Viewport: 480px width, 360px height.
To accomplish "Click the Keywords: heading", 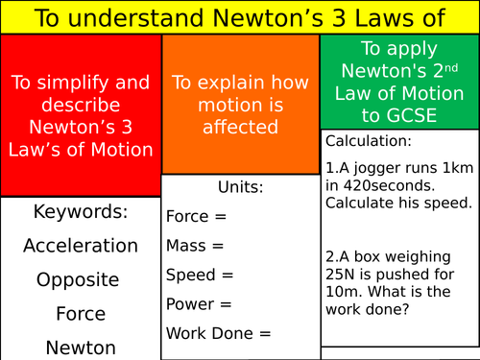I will pyautogui.click(x=81, y=211).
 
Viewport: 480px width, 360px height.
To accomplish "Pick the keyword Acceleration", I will pyautogui.click(x=81, y=246).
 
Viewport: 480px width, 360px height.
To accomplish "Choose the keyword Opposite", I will pyautogui.click(x=79, y=280).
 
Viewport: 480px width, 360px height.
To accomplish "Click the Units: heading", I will pyautogui.click(x=240, y=187).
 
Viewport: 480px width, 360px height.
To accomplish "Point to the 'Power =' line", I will pyautogui.click(x=199, y=304).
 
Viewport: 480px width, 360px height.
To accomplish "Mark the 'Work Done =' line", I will pyautogui.click(x=219, y=334).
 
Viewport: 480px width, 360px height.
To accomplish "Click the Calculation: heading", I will pyautogui.click(x=368, y=140).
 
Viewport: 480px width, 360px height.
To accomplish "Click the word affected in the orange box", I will pyautogui.click(x=240, y=126).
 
